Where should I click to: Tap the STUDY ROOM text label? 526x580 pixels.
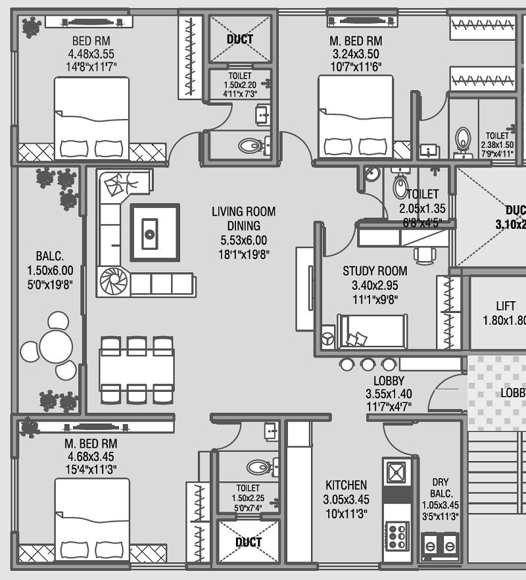[x=375, y=271]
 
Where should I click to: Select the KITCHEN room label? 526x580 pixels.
[x=346, y=485]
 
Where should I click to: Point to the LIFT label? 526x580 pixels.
[x=506, y=306]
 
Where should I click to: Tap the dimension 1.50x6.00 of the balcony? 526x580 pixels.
[x=50, y=270]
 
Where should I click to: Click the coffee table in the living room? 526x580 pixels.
[x=155, y=233]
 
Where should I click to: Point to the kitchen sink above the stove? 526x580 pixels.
[x=396, y=473]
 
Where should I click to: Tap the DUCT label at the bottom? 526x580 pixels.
[x=248, y=543]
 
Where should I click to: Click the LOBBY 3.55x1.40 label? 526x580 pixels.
[x=389, y=393]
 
